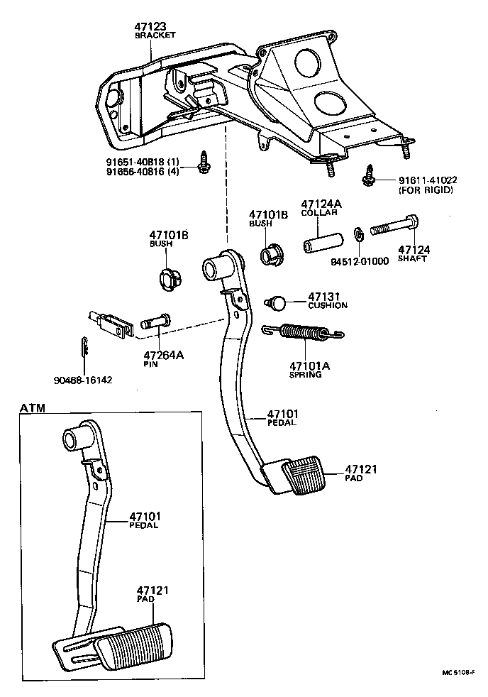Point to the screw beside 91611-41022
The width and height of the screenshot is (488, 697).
pos(369,175)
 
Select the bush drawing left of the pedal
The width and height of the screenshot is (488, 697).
pos(168,280)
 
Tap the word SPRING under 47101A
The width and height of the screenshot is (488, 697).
pos(305,374)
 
